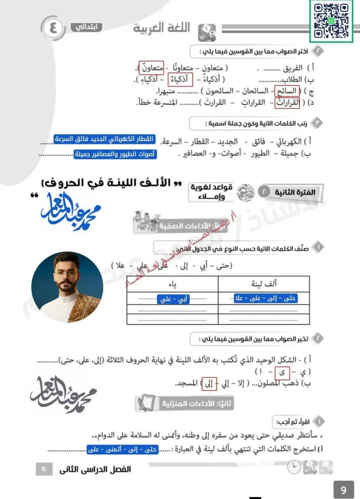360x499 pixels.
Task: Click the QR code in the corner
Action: pos(331,21)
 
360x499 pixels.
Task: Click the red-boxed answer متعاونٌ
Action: pos(151,68)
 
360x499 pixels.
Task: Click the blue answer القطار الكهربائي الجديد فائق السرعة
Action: pos(105,139)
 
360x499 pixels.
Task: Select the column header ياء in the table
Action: pos(172,284)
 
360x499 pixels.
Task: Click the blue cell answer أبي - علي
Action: pos(173,299)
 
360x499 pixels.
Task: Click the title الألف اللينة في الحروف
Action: pos(109,183)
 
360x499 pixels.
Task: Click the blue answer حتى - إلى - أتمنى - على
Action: pos(120,450)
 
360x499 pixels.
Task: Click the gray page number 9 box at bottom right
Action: pos(343,490)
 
